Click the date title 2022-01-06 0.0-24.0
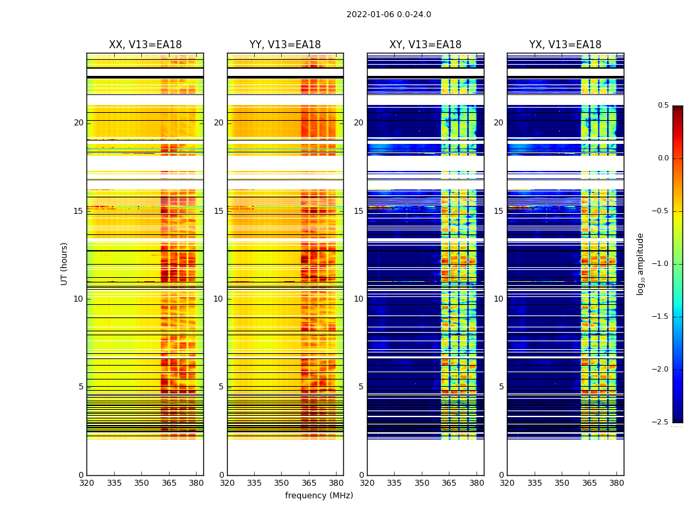point(389,15)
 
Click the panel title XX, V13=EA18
point(145,45)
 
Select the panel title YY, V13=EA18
point(285,45)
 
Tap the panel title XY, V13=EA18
point(426,45)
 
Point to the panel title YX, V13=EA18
point(566,45)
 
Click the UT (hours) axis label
point(65,263)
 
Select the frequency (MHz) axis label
point(319,496)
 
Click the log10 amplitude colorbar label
point(640,263)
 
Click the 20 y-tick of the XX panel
point(79,123)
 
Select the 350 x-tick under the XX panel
point(141,482)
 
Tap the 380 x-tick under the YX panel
point(616,482)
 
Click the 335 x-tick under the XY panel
point(394,482)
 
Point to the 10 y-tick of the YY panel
point(218,299)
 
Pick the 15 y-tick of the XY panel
point(358,211)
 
